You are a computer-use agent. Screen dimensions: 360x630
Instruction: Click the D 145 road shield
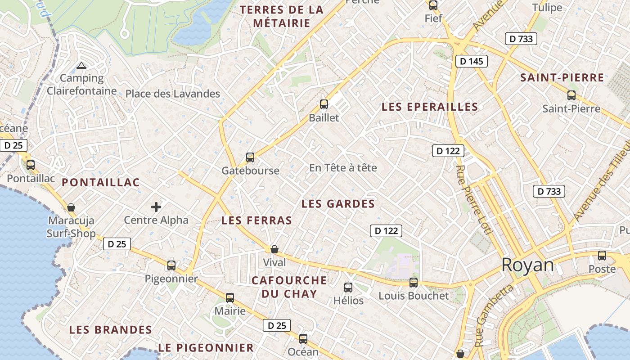472,61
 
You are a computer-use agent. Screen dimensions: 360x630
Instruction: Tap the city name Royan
527,265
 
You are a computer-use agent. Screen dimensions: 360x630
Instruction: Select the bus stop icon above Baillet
324,104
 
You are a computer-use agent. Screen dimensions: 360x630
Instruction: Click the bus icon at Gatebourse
250,157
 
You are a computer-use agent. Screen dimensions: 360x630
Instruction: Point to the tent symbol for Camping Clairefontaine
81,66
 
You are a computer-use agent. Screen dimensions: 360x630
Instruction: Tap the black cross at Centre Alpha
156,207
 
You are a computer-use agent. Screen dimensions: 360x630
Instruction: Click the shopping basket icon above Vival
274,249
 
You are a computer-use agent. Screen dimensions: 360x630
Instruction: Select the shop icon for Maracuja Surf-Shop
71,207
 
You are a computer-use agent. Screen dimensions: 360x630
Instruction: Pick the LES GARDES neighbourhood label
338,204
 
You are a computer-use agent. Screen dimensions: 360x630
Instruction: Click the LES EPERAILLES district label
430,107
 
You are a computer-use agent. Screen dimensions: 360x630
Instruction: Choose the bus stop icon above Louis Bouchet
413,283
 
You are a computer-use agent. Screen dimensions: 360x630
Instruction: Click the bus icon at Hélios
348,287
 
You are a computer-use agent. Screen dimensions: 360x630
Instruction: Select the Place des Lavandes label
173,94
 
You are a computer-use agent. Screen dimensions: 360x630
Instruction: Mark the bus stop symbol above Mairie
230,297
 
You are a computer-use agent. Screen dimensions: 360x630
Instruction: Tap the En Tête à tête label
343,168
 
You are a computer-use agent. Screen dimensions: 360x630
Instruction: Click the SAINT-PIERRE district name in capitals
562,77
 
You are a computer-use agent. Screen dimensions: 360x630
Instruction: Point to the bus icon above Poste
602,256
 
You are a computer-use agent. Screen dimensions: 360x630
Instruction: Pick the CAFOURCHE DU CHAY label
289,287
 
